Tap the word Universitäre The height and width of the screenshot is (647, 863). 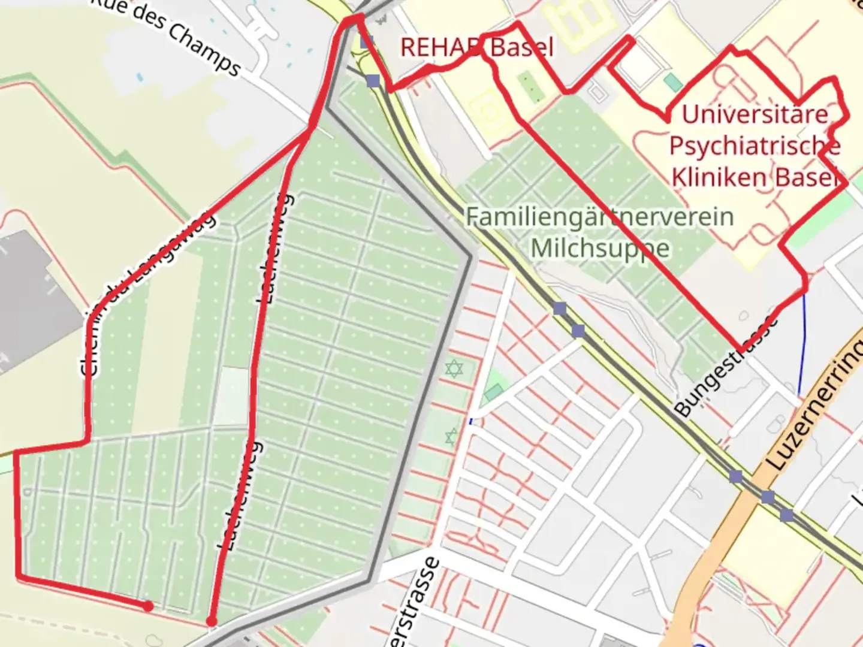(x=755, y=114)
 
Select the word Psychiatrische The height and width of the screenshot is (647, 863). (x=755, y=146)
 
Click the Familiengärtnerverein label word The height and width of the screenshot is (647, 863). (x=599, y=217)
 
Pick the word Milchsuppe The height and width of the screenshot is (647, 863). (x=600, y=248)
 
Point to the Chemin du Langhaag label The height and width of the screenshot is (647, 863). (x=147, y=294)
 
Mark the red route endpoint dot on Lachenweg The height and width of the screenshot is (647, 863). (x=211, y=622)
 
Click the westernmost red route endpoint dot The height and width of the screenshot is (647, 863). (x=148, y=606)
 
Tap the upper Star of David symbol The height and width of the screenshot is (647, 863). (x=454, y=368)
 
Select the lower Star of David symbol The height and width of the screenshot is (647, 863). (x=451, y=436)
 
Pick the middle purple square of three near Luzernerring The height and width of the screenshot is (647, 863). (x=768, y=497)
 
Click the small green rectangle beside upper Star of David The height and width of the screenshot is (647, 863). (x=493, y=392)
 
